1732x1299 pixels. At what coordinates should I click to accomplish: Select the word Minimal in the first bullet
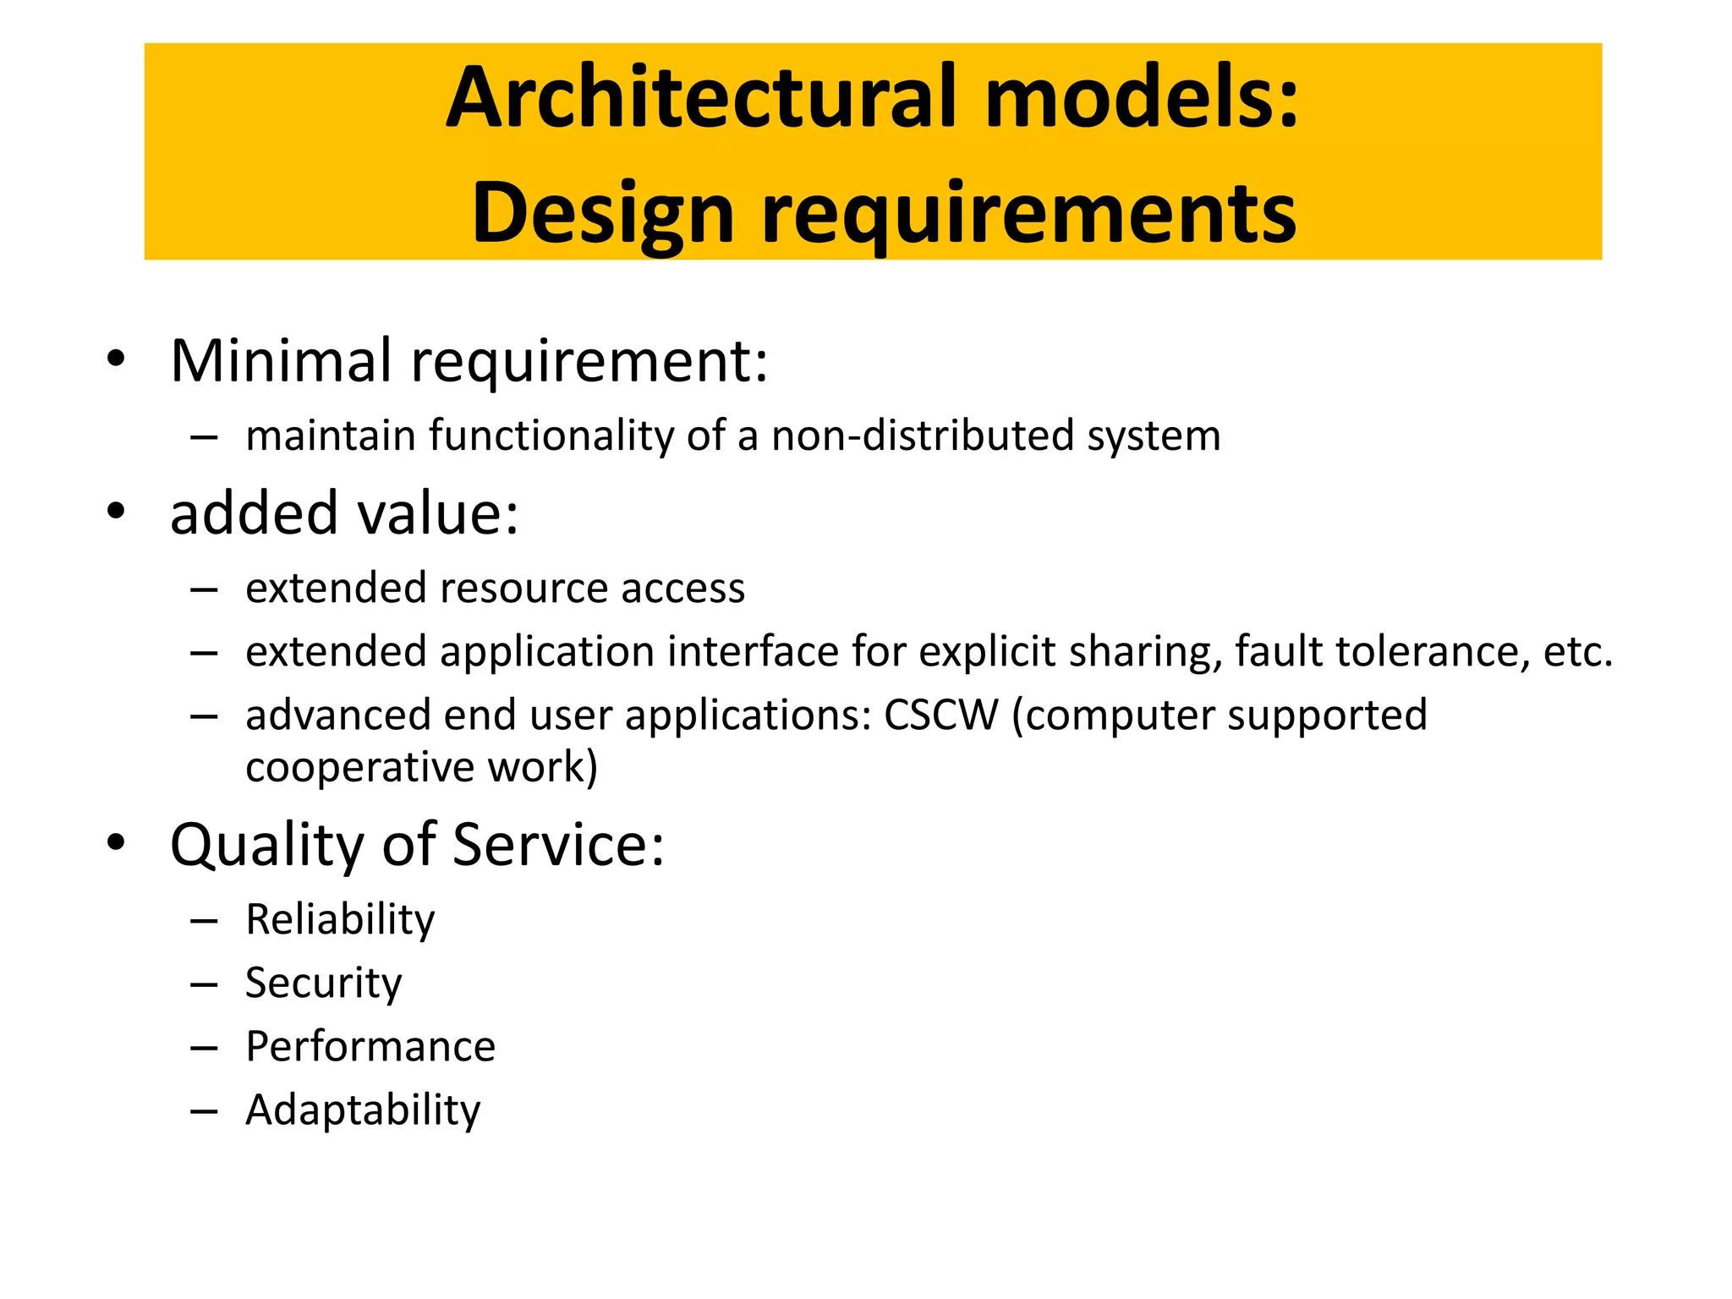click(281, 360)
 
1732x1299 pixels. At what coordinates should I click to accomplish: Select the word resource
click(523, 588)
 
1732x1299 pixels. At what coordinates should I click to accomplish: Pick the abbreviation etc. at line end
click(1578, 651)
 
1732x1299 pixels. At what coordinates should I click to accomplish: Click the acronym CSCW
click(940, 715)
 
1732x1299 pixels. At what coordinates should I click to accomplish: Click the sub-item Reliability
click(340, 919)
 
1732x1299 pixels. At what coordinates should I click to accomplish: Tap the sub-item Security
click(323, 983)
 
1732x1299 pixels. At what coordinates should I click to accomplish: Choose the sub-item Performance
click(370, 1046)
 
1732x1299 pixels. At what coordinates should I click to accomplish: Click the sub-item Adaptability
click(363, 1110)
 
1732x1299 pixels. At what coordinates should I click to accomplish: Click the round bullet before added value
click(116, 512)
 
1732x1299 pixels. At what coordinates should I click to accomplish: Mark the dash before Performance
click(204, 1049)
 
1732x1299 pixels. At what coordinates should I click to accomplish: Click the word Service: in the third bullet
click(558, 845)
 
